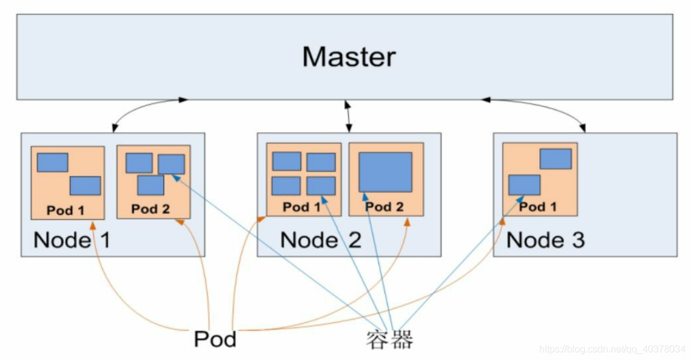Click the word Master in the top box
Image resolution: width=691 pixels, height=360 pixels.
(348, 57)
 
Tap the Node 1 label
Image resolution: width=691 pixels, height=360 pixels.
(72, 240)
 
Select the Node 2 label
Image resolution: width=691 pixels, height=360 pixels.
(320, 240)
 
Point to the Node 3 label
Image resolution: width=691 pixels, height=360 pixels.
(545, 240)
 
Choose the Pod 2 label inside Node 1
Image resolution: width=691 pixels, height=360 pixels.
(151, 209)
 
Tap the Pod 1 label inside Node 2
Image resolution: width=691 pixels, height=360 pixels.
(301, 207)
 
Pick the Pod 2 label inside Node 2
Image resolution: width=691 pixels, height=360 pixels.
(384, 207)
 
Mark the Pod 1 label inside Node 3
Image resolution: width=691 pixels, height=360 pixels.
(537, 207)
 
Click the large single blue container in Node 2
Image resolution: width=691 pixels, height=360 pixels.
(385, 172)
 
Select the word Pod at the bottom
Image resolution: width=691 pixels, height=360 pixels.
(215, 339)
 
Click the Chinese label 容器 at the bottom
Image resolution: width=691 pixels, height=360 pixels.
(390, 340)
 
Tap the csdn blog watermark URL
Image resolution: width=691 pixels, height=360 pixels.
(612, 349)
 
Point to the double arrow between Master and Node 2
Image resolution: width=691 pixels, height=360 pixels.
(348, 116)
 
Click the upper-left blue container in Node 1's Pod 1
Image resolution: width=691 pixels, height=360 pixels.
(52, 163)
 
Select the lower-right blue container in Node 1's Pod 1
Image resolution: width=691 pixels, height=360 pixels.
(85, 185)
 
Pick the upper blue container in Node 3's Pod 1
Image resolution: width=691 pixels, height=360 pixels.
(555, 159)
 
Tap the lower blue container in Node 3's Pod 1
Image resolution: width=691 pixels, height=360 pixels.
(524, 185)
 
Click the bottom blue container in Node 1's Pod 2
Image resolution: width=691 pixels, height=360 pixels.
(151, 185)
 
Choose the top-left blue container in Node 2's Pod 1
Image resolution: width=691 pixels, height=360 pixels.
(286, 161)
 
